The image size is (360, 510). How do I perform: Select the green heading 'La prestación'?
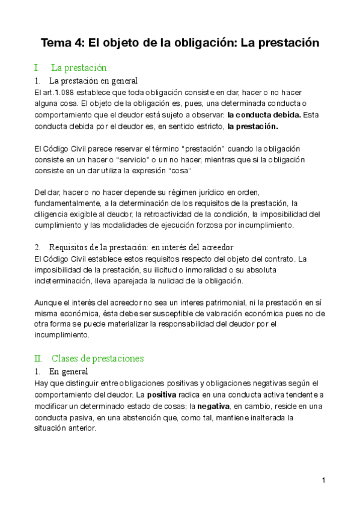coord(79,67)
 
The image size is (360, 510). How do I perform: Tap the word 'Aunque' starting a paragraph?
coord(48,302)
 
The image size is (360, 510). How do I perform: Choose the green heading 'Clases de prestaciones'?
coord(97,358)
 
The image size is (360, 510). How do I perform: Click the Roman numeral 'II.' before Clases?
coord(39,358)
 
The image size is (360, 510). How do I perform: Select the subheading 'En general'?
coord(69,372)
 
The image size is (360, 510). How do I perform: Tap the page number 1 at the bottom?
coord(323,480)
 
